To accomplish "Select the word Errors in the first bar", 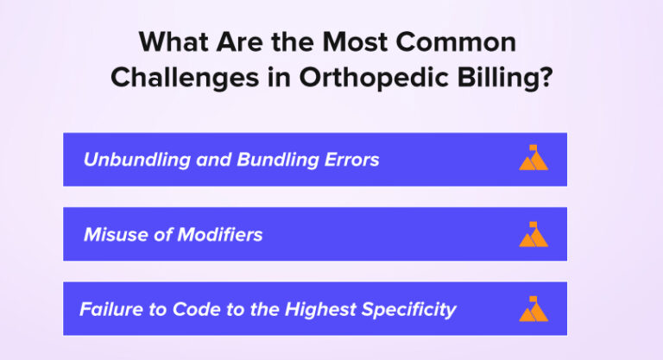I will [x=350, y=160].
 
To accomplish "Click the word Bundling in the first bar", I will [x=270, y=160].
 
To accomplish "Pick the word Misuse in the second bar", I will [x=114, y=235].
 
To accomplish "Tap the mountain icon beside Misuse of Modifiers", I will [x=534, y=235].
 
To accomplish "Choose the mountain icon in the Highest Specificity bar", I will [x=534, y=310].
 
